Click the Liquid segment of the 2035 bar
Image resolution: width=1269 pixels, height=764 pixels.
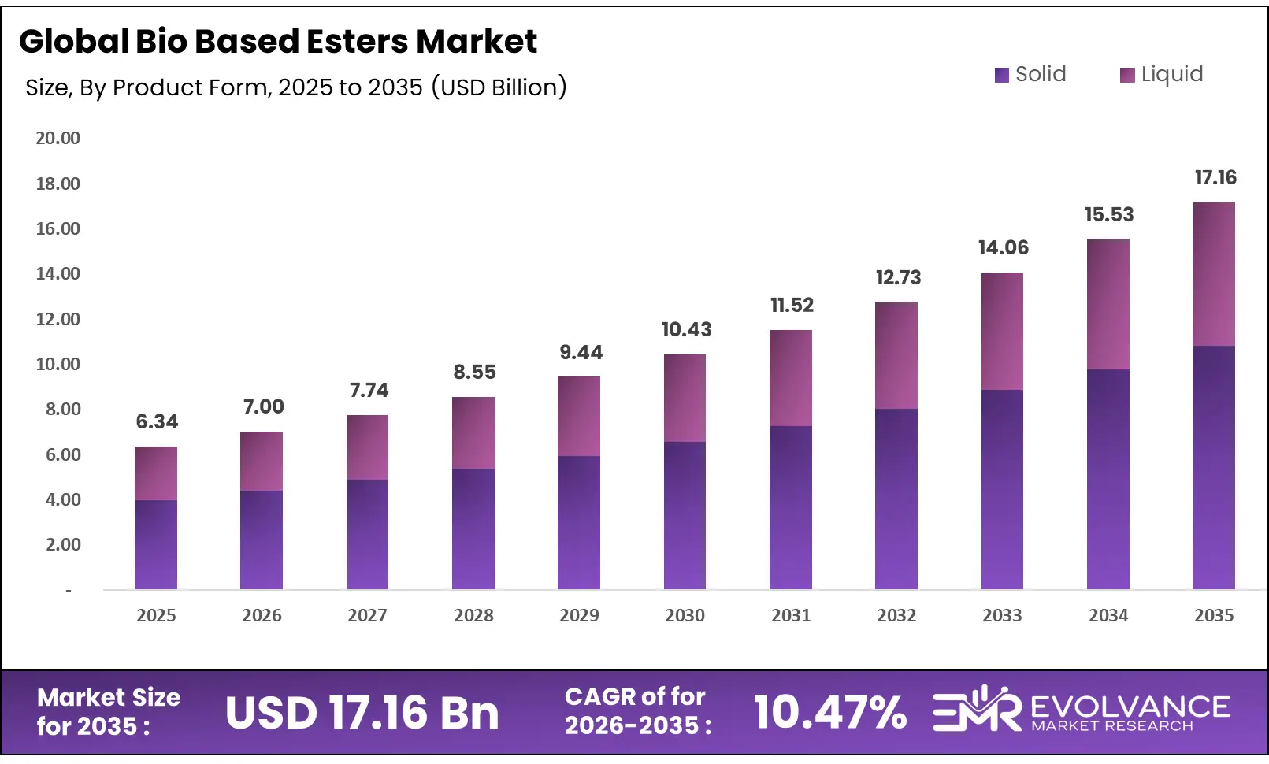(x=1213, y=274)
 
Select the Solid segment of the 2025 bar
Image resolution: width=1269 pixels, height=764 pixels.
(x=156, y=544)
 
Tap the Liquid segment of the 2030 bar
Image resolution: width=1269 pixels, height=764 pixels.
(x=685, y=398)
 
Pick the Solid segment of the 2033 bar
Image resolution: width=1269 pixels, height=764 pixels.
(x=1002, y=489)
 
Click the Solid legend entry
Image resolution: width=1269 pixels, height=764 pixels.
(x=1030, y=74)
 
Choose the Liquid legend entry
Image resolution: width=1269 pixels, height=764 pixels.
(x=1162, y=74)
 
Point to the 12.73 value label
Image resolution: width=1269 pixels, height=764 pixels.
(x=898, y=277)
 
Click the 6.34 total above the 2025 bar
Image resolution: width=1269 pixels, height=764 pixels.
(x=157, y=421)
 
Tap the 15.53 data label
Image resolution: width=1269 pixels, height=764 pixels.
(x=1108, y=214)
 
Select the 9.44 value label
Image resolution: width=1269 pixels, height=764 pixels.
(x=581, y=352)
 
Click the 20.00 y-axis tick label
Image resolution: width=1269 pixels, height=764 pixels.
(x=58, y=138)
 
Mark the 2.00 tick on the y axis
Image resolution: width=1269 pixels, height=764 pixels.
(x=62, y=544)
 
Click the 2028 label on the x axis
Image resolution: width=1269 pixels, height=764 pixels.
(x=473, y=615)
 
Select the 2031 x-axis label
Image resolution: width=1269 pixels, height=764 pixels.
(x=791, y=615)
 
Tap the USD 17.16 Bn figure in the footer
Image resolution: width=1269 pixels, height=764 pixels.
(x=362, y=713)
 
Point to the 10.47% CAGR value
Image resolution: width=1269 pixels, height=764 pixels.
(x=829, y=712)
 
